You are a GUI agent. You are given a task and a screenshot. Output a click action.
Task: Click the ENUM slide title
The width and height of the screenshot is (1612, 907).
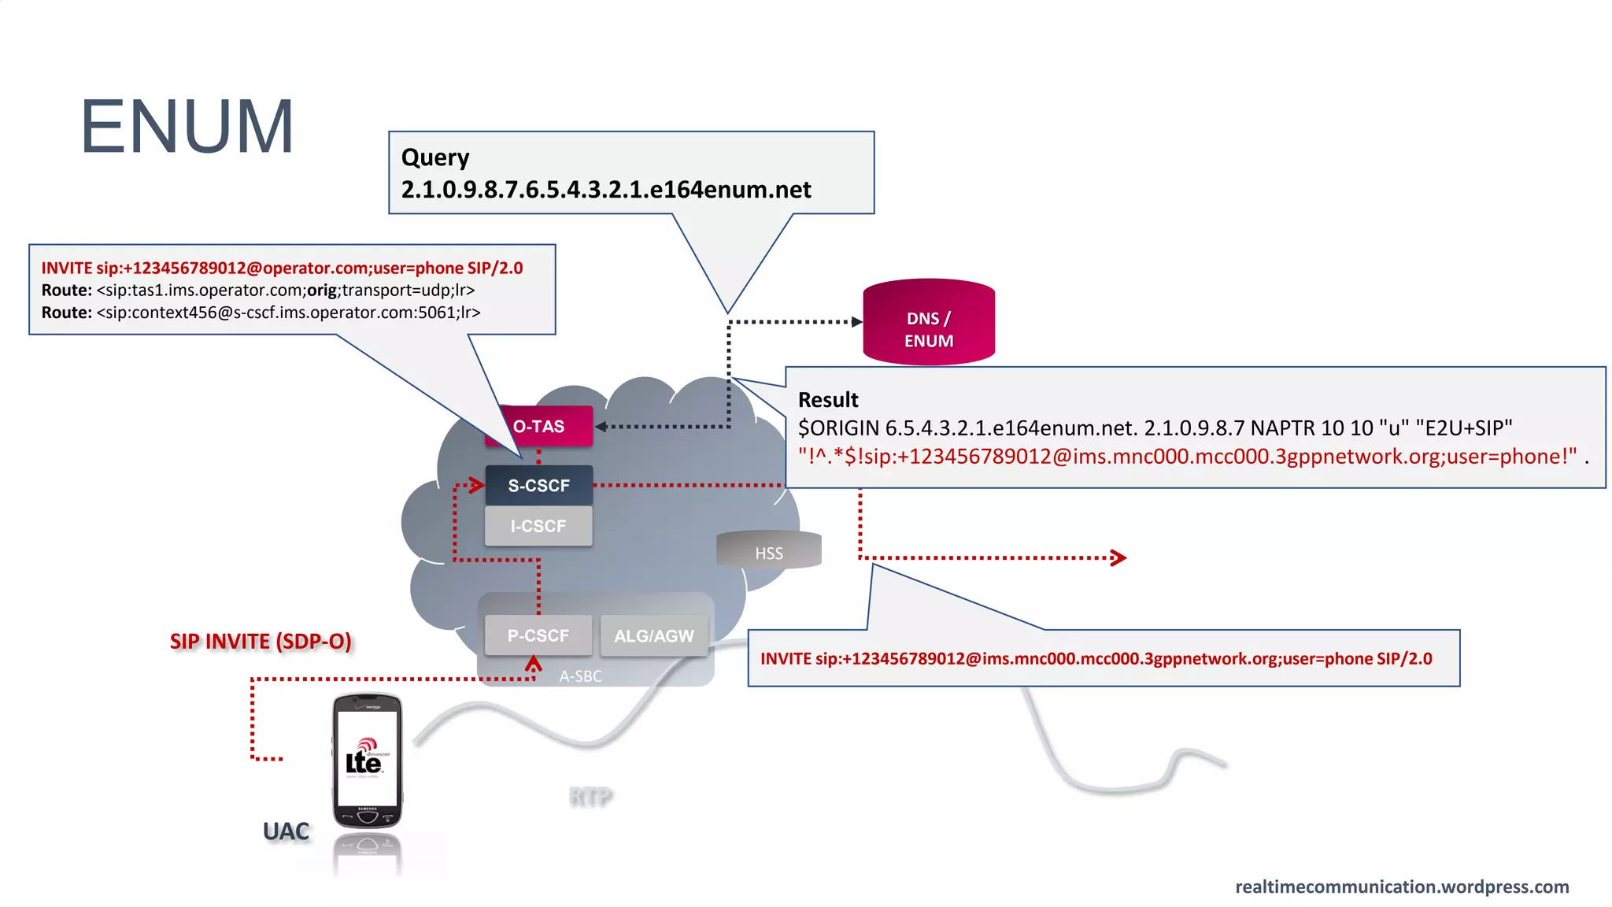pyautogui.click(x=187, y=127)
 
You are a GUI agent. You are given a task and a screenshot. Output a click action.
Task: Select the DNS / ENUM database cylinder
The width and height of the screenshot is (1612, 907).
pyautogui.click(x=929, y=323)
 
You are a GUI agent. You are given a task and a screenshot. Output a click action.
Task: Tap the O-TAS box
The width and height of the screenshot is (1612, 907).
pyautogui.click(x=539, y=426)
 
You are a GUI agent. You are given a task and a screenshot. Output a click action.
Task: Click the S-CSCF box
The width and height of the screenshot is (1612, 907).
pyautogui.click(x=539, y=486)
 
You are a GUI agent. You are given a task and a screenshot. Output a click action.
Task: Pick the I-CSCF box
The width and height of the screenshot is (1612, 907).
pyautogui.click(x=539, y=526)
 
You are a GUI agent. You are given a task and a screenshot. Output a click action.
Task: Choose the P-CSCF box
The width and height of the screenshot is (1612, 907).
pyautogui.click(x=538, y=635)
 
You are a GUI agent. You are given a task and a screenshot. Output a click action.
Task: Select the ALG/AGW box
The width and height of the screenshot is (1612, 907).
pyautogui.click(x=654, y=636)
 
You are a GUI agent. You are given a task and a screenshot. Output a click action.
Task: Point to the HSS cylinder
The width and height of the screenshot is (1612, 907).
pyautogui.click(x=769, y=551)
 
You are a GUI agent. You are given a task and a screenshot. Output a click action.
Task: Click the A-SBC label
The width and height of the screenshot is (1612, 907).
pyautogui.click(x=581, y=676)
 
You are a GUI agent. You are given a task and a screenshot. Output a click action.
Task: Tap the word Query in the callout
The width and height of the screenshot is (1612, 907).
pyautogui.click(x=435, y=157)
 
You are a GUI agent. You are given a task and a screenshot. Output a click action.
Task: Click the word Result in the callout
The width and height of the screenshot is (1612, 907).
pyautogui.click(x=828, y=400)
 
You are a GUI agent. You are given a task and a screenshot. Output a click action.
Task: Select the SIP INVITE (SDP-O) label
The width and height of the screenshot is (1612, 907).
pyautogui.click(x=261, y=642)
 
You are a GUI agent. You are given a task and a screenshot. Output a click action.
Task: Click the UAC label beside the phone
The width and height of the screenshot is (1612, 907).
pyautogui.click(x=286, y=831)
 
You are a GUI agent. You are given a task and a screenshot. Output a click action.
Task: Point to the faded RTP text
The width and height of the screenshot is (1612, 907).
pyautogui.click(x=590, y=798)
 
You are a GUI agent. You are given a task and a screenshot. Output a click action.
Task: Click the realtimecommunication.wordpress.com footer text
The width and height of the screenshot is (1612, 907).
pyautogui.click(x=1402, y=887)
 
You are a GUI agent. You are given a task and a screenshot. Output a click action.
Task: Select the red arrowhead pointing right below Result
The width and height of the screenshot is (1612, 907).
pyautogui.click(x=1118, y=558)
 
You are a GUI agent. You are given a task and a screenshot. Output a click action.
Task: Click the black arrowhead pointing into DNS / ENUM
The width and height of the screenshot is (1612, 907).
pyautogui.click(x=857, y=322)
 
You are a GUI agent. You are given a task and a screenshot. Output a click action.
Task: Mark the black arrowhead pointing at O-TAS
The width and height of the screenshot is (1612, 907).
pyautogui.click(x=601, y=427)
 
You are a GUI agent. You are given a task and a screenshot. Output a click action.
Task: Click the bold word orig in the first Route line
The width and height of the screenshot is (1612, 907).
pyautogui.click(x=321, y=291)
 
